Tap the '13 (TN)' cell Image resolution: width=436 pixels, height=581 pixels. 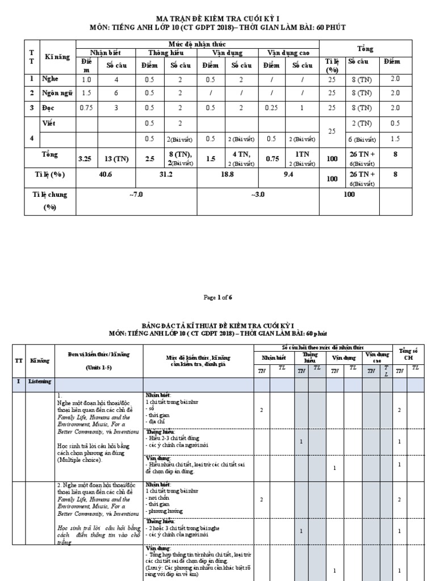118,159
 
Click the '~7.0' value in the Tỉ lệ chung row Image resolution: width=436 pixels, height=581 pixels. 136,194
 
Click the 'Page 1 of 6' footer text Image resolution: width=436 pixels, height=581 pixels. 217,297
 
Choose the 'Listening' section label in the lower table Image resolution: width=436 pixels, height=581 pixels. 41,382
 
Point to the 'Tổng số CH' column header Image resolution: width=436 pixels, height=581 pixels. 408,354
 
